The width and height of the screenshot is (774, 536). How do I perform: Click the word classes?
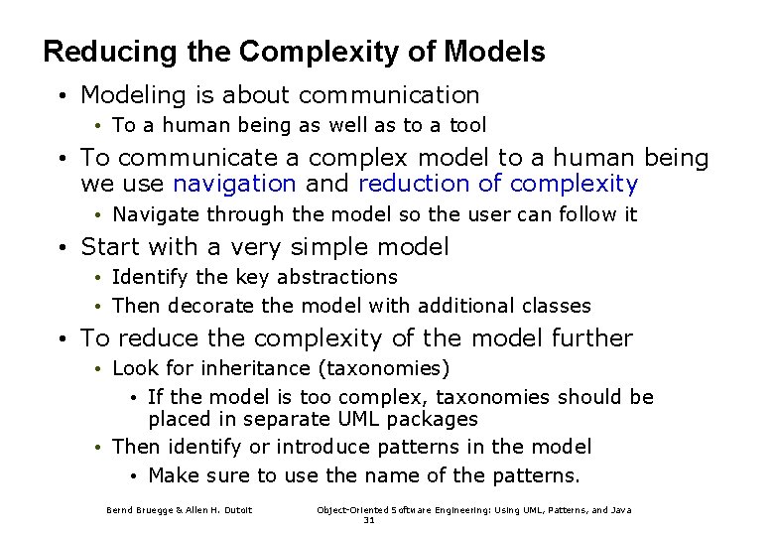point(556,306)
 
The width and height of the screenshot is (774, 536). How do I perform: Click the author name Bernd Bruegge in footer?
point(139,510)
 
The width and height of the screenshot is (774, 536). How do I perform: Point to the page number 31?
point(369,519)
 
